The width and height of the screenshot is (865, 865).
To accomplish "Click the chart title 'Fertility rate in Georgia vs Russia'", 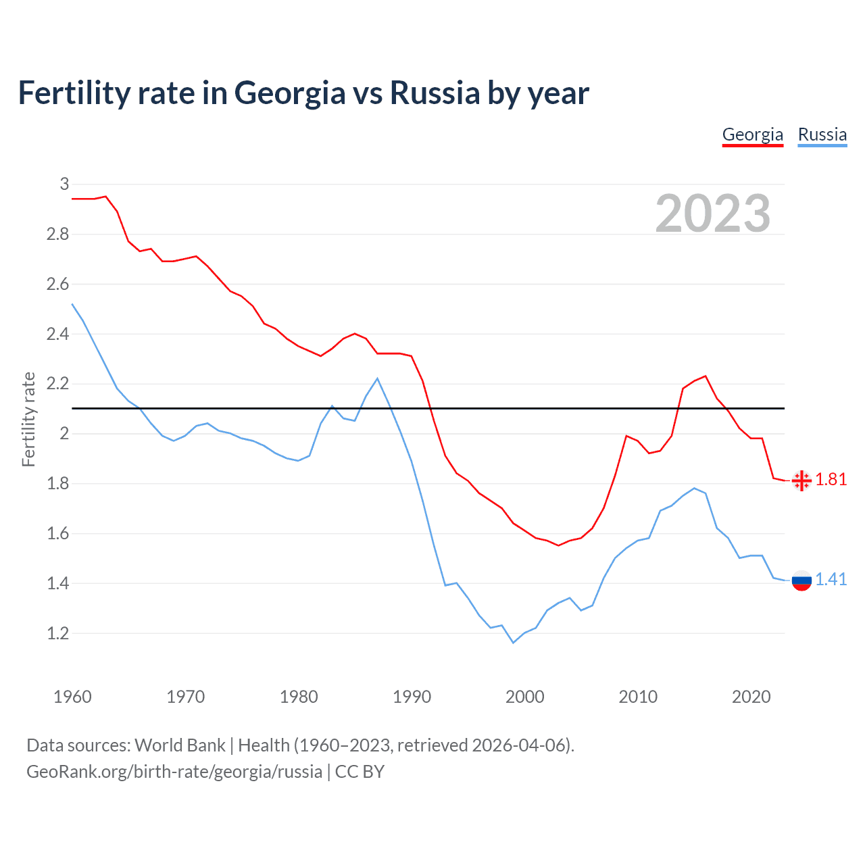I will point(303,93).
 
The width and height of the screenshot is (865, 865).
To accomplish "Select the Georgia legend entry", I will point(752,134).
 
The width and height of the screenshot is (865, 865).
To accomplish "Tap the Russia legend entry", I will point(822,134).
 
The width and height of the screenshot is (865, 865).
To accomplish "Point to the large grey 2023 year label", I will point(712,214).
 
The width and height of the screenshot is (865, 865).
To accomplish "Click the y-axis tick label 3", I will point(65,184).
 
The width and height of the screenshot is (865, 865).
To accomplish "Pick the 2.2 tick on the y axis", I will point(58,384).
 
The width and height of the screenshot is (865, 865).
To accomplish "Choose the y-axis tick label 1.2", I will point(58,633).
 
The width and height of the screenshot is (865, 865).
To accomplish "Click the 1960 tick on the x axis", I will point(72,697).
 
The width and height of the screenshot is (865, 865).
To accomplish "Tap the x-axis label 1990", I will point(412,697).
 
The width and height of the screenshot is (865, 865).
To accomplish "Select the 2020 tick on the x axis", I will point(751,697).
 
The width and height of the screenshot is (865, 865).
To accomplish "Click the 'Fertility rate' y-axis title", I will point(28,419).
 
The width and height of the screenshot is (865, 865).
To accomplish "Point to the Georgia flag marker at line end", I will point(801,480).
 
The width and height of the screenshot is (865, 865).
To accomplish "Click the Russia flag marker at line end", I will point(801,580).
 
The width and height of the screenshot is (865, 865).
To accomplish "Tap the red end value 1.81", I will point(831,480).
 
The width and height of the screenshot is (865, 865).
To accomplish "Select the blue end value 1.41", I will point(831,580).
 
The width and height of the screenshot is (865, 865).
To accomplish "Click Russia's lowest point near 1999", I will point(513,643).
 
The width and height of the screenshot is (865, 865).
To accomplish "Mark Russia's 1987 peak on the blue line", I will point(377,378).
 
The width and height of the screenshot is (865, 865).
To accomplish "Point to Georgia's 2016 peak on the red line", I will point(706,376).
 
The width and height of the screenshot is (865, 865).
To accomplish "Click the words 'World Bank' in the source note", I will point(180,745).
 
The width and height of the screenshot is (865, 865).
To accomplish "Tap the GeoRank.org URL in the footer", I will point(174,772).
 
